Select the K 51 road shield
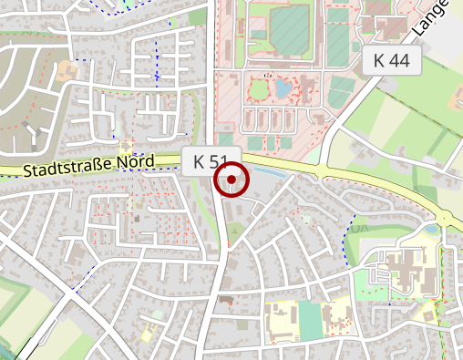pyautogui.click(x=211, y=162)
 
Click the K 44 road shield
pyautogui.click(x=391, y=61)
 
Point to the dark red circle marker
pyautogui.click(x=231, y=180)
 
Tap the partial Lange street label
pyautogui.click(x=430, y=20)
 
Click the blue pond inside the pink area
pyautogui.click(x=283, y=88)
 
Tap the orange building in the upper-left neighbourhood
pyautogui.click(x=66, y=69)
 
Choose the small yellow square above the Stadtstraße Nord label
pyautogui.click(x=125, y=146)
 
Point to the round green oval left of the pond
pyautogui.click(x=257, y=89)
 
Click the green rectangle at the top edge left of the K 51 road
pyautogui.click(x=197, y=16)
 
